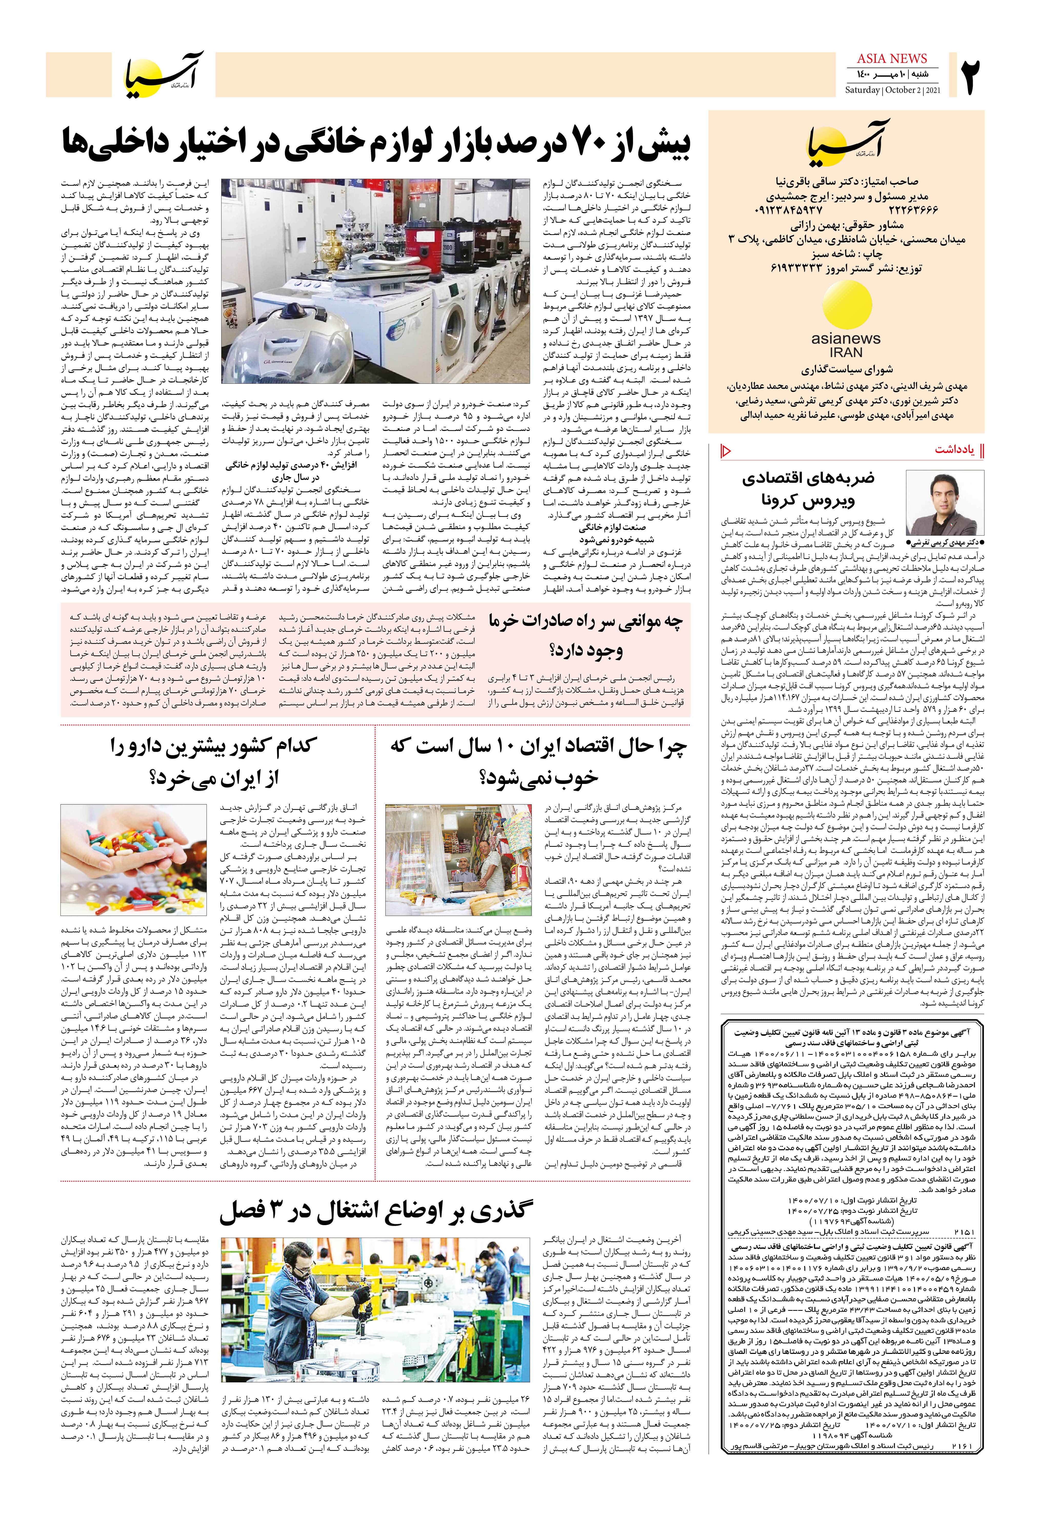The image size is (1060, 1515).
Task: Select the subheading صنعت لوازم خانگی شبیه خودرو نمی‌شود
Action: click(x=612, y=533)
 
